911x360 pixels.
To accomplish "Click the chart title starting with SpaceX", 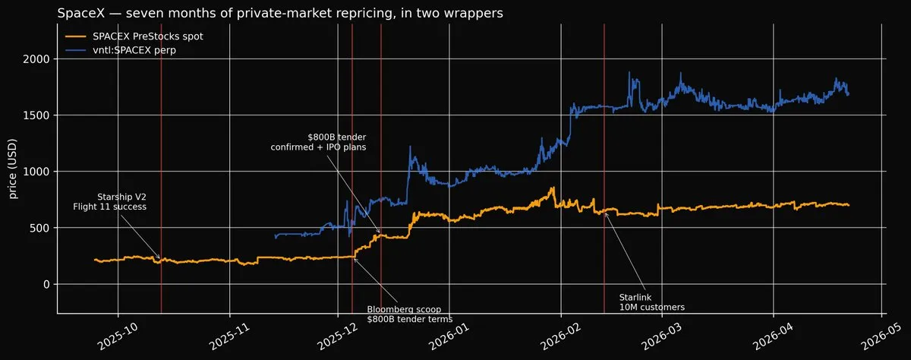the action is pyautogui.click(x=280, y=13).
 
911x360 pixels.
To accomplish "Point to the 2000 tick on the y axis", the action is pyautogui.click(x=36, y=59).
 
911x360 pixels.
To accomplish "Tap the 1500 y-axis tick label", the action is pyautogui.click(x=36, y=115).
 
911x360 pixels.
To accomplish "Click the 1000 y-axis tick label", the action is pyautogui.click(x=36, y=171).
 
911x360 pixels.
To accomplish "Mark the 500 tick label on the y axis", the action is pyautogui.click(x=39, y=228).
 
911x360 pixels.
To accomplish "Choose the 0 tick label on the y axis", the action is pyautogui.click(x=47, y=284).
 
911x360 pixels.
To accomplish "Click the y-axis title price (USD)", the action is pyautogui.click(x=13, y=169).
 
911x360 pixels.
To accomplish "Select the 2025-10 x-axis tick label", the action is pyautogui.click(x=118, y=336).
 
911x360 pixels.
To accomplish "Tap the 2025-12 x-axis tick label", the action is pyautogui.click(x=339, y=336).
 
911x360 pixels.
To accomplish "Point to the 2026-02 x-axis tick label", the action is pyautogui.click(x=561, y=336).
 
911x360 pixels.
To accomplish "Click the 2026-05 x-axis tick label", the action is pyautogui.click(x=881, y=336).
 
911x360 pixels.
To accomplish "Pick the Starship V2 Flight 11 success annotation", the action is pyautogui.click(x=110, y=202).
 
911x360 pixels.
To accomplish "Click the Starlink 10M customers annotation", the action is pyautogui.click(x=651, y=302).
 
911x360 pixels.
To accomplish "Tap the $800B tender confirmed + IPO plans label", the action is pyautogui.click(x=318, y=142).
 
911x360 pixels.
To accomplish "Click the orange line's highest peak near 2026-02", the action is pyautogui.click(x=553, y=188).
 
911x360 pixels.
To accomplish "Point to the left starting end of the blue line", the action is pyautogui.click(x=276, y=237).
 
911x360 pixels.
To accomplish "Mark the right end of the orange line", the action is pyautogui.click(x=849, y=205).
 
